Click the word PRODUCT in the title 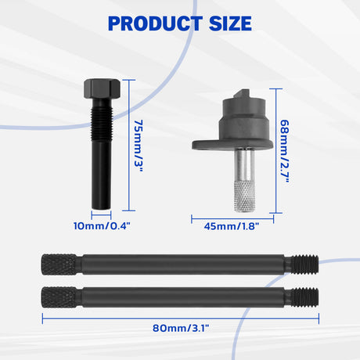pyautogui.click(x=155, y=23)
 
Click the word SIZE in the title pyautogui.click(x=230, y=23)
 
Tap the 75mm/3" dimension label pyautogui.click(x=139, y=146)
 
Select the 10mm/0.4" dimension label pyautogui.click(x=102, y=226)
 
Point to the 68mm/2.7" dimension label pyautogui.click(x=285, y=151)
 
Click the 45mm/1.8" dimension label pyautogui.click(x=232, y=226)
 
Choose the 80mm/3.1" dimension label pyautogui.click(x=181, y=328)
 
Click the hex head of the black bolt pyautogui.click(x=102, y=88)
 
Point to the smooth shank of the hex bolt pyautogui.click(x=101, y=175)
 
